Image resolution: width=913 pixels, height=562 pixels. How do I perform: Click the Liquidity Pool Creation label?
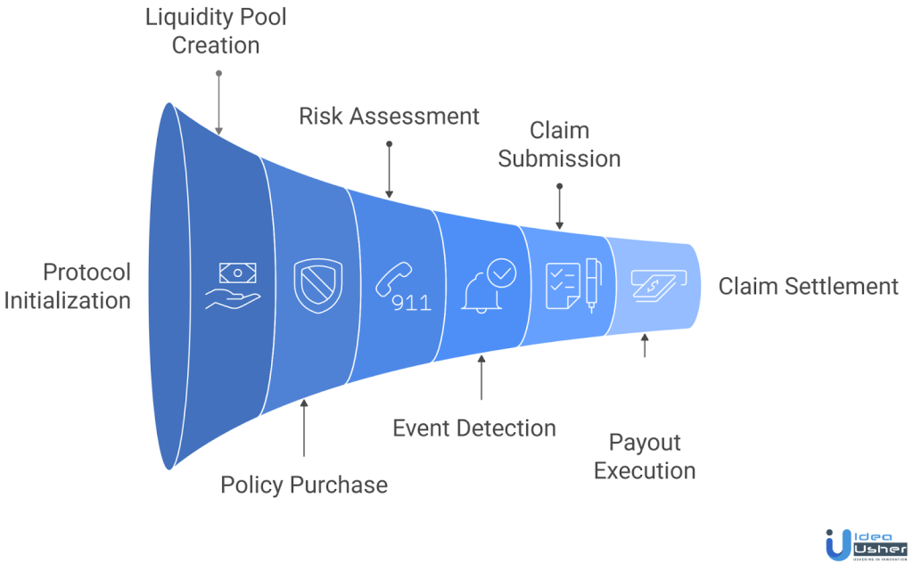216,31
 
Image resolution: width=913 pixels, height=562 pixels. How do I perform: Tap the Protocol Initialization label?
68,286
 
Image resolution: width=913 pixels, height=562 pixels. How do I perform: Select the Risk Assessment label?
389,117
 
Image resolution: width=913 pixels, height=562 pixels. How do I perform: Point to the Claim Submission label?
559,144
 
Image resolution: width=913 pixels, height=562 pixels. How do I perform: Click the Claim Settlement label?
809,286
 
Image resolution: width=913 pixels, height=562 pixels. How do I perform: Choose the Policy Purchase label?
304,485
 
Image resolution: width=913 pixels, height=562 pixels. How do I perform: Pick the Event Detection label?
474,428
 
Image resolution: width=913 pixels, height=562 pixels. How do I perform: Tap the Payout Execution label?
645,455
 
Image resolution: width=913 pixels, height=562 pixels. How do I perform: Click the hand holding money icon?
231,286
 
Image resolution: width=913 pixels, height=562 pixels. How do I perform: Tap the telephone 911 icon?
402,287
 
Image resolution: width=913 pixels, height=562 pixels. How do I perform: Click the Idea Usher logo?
861,542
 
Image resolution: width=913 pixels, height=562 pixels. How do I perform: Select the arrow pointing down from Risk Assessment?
389,168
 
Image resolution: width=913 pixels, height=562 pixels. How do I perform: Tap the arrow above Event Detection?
481,379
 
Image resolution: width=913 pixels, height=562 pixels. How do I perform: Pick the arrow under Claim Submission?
559,208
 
